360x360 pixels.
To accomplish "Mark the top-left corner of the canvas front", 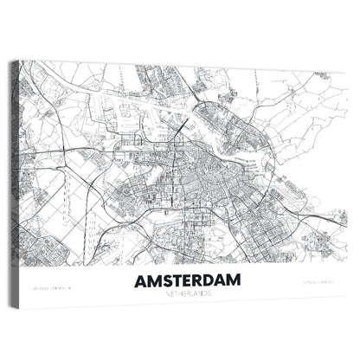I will (x=20, y=61).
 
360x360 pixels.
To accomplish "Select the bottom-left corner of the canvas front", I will (x=20, y=305).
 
